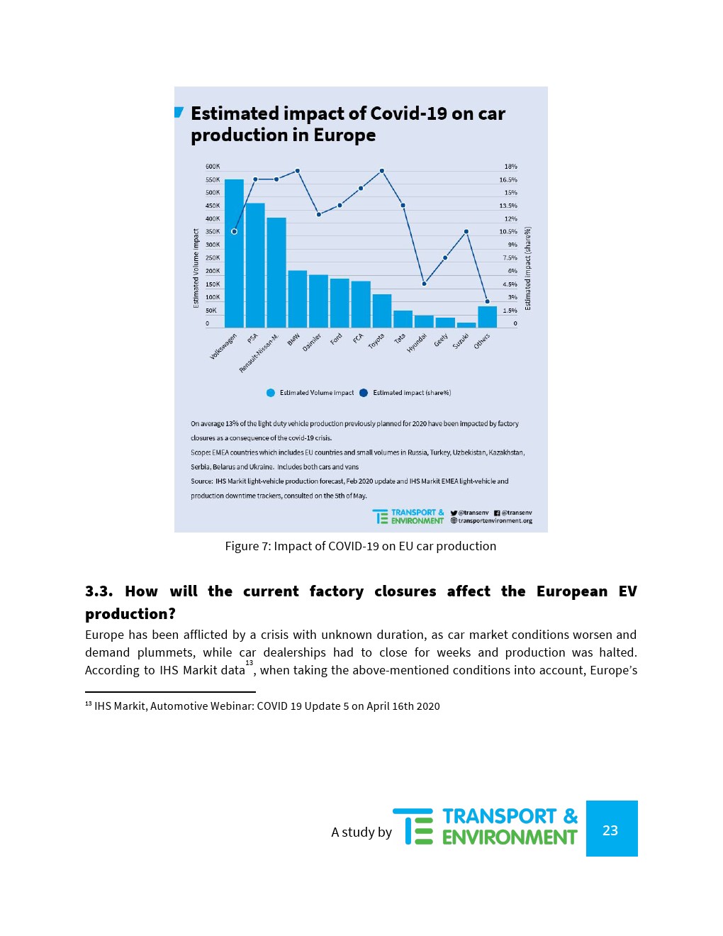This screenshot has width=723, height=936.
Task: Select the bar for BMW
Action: pyautogui.click(x=297, y=299)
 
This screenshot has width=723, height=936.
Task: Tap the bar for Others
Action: pyautogui.click(x=487, y=316)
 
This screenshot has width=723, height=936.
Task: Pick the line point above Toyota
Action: pyautogui.click(x=381, y=171)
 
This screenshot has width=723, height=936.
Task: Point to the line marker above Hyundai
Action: pyautogui.click(x=424, y=284)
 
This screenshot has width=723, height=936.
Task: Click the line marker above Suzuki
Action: pyautogui.click(x=466, y=231)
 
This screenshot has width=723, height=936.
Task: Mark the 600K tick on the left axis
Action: pyautogui.click(x=212, y=167)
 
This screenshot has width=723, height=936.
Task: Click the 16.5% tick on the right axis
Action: pyautogui.click(x=508, y=180)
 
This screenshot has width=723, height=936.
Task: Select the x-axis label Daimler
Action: pyautogui.click(x=312, y=342)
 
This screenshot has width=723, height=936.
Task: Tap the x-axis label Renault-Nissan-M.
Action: pyautogui.click(x=259, y=353)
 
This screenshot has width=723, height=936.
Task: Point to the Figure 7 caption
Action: pyautogui.click(x=360, y=546)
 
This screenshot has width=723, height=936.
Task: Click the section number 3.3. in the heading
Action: pyautogui.click(x=99, y=591)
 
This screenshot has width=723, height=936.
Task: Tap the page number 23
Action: pyautogui.click(x=610, y=830)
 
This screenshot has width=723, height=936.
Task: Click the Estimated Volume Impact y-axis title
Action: pyautogui.click(x=196, y=268)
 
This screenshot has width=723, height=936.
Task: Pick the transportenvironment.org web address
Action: pyautogui.click(x=495, y=520)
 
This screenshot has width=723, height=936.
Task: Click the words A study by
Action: pyautogui.click(x=361, y=832)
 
